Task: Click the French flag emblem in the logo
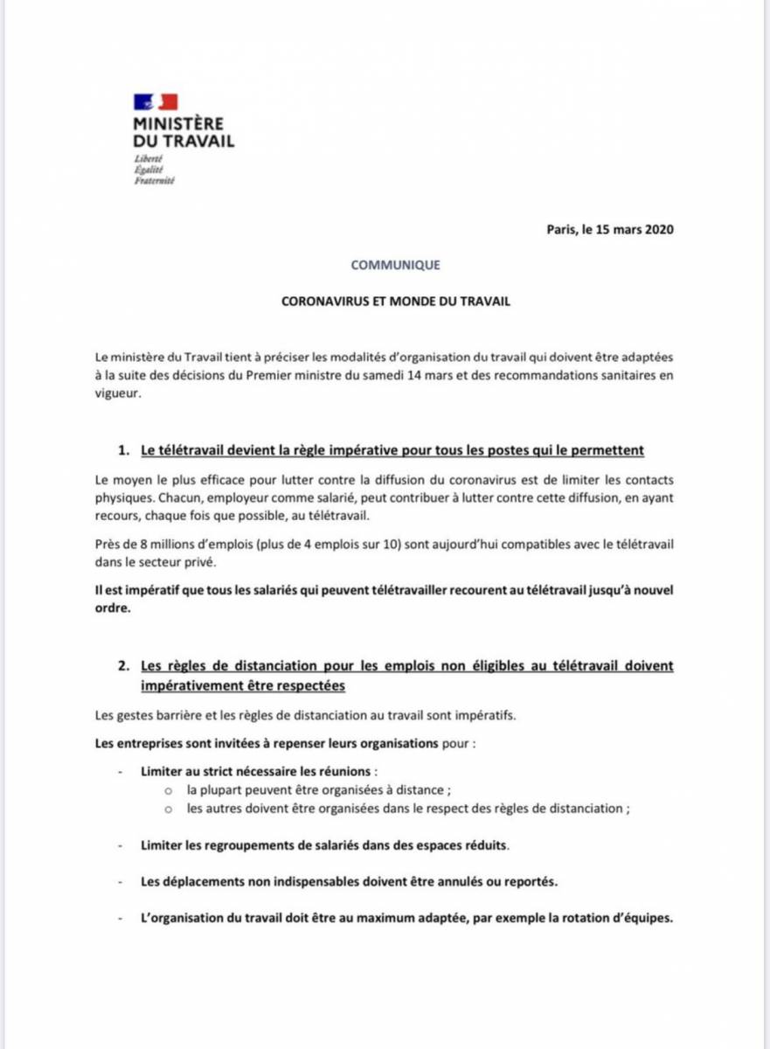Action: (x=156, y=101)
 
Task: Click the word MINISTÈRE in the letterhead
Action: (x=177, y=124)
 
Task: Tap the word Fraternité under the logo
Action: (x=154, y=180)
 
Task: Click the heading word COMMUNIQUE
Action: (x=395, y=264)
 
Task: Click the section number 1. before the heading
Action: (x=124, y=450)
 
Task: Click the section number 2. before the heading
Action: (x=124, y=666)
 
